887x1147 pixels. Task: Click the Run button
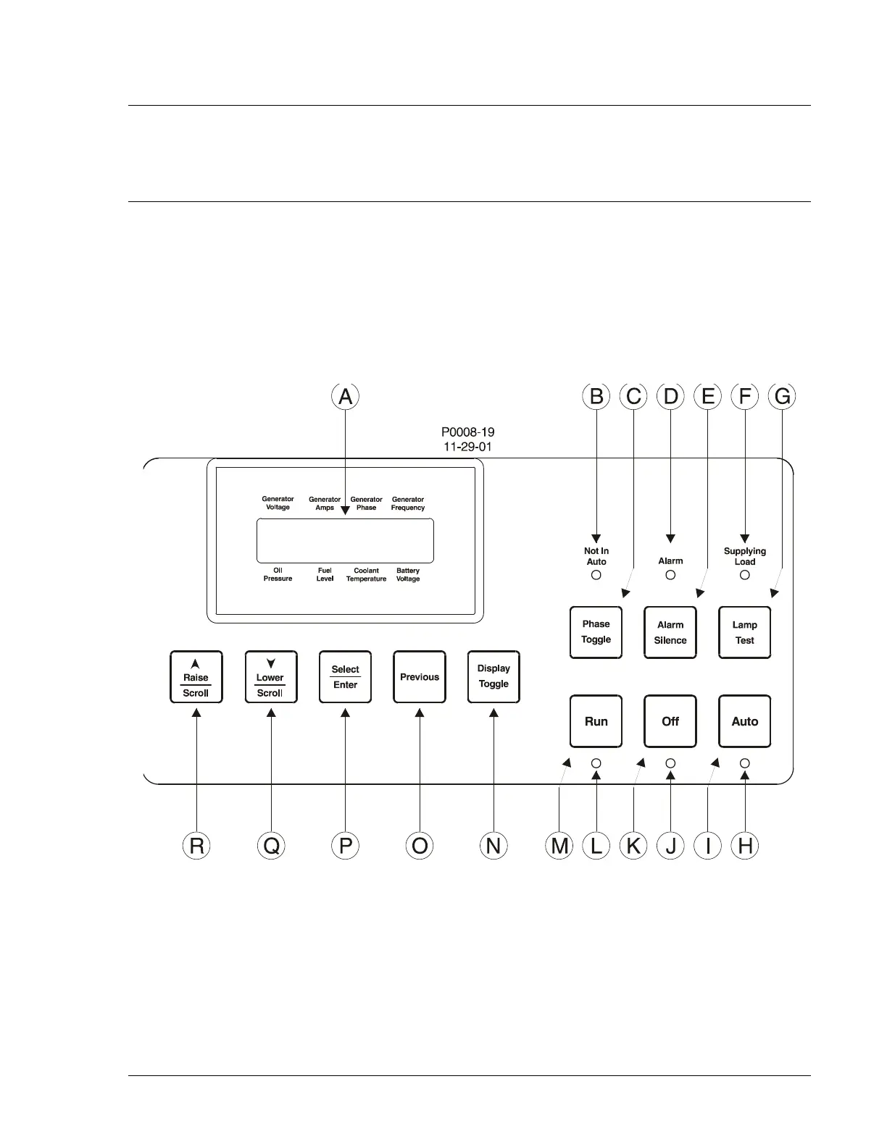pyautogui.click(x=596, y=721)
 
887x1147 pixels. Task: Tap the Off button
pyautogui.click(x=670, y=721)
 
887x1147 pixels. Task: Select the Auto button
pyautogui.click(x=744, y=721)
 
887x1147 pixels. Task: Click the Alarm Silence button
pyautogui.click(x=670, y=632)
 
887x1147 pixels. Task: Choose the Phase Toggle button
pyautogui.click(x=596, y=632)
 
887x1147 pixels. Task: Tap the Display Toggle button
pyautogui.click(x=494, y=676)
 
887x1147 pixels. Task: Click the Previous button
pyautogui.click(x=420, y=676)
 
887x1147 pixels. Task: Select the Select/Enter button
pyautogui.click(x=345, y=676)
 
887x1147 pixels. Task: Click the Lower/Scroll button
pyautogui.click(x=270, y=676)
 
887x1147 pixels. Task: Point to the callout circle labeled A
pyautogui.click(x=345, y=396)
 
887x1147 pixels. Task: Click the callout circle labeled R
pyautogui.click(x=196, y=845)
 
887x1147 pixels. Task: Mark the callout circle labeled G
pyautogui.click(x=782, y=396)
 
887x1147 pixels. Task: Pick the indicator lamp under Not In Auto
pyautogui.click(x=596, y=575)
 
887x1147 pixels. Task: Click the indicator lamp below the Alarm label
pyautogui.click(x=670, y=575)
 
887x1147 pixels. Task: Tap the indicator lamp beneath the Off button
pyautogui.click(x=670, y=762)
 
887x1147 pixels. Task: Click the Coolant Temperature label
pyautogui.click(x=366, y=575)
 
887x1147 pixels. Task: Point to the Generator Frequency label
pyautogui.click(x=408, y=503)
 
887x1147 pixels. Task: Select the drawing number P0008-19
pyautogui.click(x=468, y=432)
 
